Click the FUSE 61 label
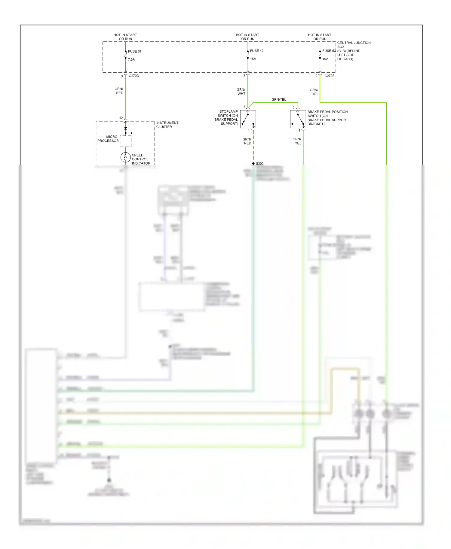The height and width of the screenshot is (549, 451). (134, 51)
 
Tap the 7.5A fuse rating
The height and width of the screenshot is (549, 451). (131, 59)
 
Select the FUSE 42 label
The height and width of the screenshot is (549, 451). (257, 51)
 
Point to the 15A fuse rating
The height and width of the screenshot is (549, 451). (253, 59)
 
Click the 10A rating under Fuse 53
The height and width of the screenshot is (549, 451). (325, 59)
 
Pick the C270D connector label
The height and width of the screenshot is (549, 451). (134, 76)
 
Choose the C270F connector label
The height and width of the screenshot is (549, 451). (329, 76)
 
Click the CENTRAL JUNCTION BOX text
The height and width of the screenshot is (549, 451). (354, 45)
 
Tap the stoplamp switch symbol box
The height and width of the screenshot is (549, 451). (248, 119)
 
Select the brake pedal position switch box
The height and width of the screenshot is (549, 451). (298, 119)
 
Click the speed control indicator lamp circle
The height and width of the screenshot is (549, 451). (125, 157)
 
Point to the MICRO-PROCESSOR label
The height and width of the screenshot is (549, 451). (108, 139)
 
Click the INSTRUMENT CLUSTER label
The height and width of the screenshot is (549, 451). (167, 125)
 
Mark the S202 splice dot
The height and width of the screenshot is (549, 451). (253, 163)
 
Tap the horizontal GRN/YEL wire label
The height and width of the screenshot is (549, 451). (279, 99)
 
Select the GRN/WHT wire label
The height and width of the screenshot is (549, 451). (241, 92)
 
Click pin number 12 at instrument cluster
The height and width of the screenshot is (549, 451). (121, 118)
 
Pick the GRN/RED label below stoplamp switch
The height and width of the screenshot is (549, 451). (247, 141)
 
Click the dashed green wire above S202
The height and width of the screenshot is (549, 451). (253, 147)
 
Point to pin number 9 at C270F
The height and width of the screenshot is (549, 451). (316, 76)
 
